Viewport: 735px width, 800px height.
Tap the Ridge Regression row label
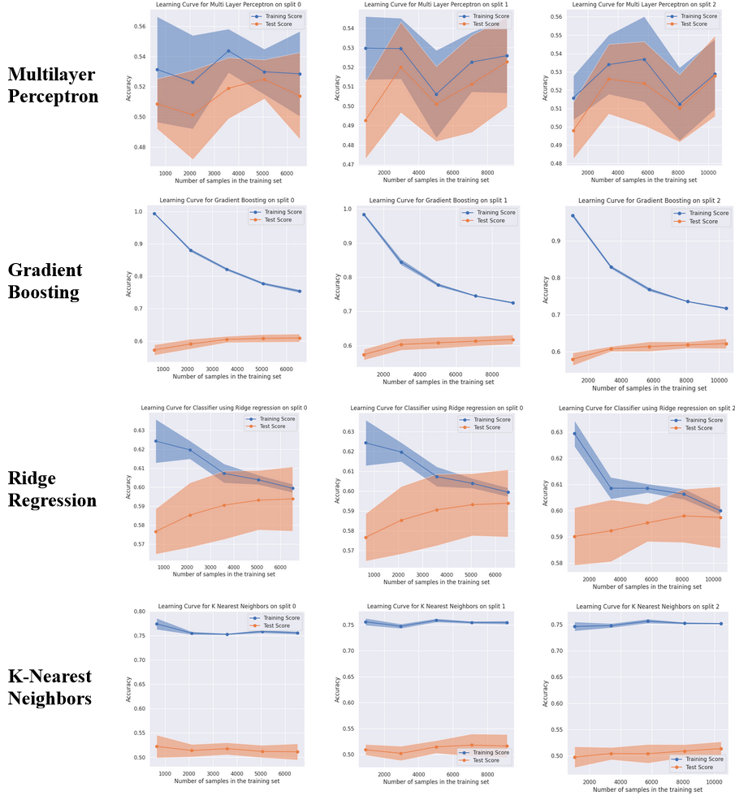coord(52,489)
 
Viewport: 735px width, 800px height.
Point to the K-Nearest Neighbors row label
coord(50,686)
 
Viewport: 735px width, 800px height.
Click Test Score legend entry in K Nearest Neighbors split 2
coord(702,766)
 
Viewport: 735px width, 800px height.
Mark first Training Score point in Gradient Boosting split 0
coord(154,214)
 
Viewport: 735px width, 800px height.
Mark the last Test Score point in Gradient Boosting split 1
coord(512,339)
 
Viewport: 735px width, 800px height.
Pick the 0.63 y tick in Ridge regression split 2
coord(556,432)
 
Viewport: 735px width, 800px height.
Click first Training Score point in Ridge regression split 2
coord(575,433)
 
